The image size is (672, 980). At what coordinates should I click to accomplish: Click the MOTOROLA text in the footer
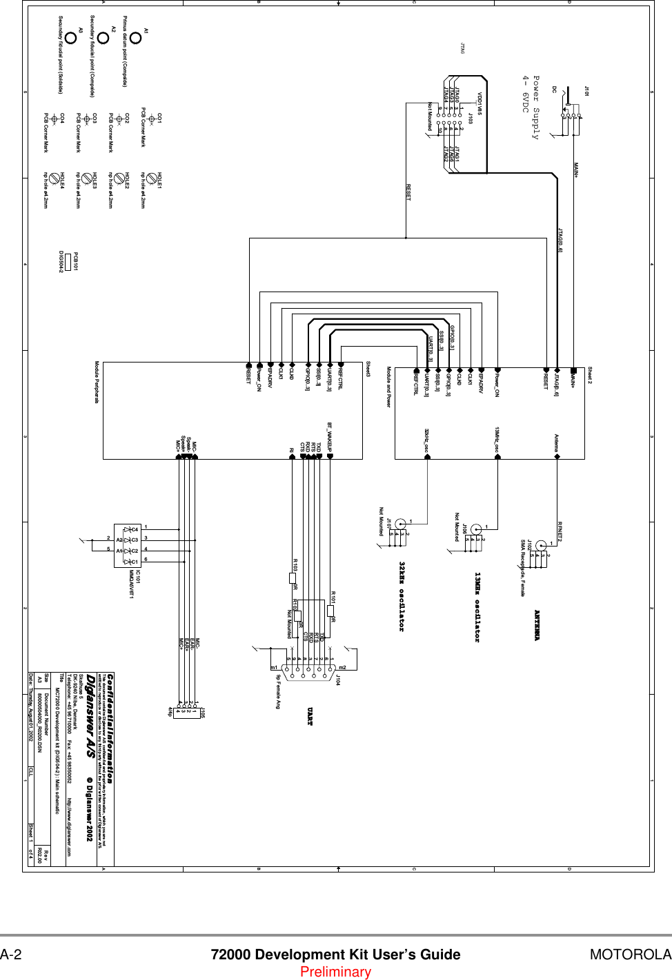click(630, 955)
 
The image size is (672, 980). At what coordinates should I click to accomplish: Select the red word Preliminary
click(335, 972)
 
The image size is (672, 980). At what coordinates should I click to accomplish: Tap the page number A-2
click(11, 955)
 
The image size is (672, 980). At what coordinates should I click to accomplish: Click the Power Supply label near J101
click(531, 108)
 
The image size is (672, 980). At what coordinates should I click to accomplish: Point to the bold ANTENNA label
click(537, 625)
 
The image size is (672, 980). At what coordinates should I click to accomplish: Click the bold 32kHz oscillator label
click(402, 596)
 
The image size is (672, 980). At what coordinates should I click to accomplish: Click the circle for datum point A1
click(135, 38)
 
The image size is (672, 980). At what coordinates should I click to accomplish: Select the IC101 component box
click(127, 545)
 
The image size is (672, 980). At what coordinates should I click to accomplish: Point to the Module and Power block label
click(388, 387)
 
